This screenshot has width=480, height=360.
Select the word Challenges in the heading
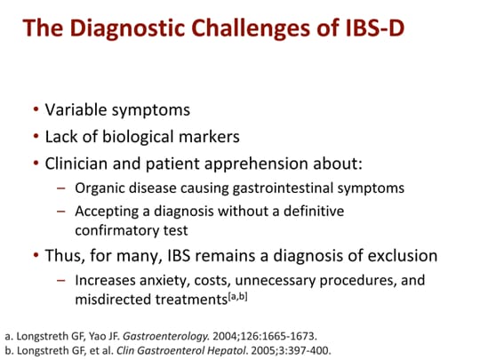[x=271, y=29]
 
